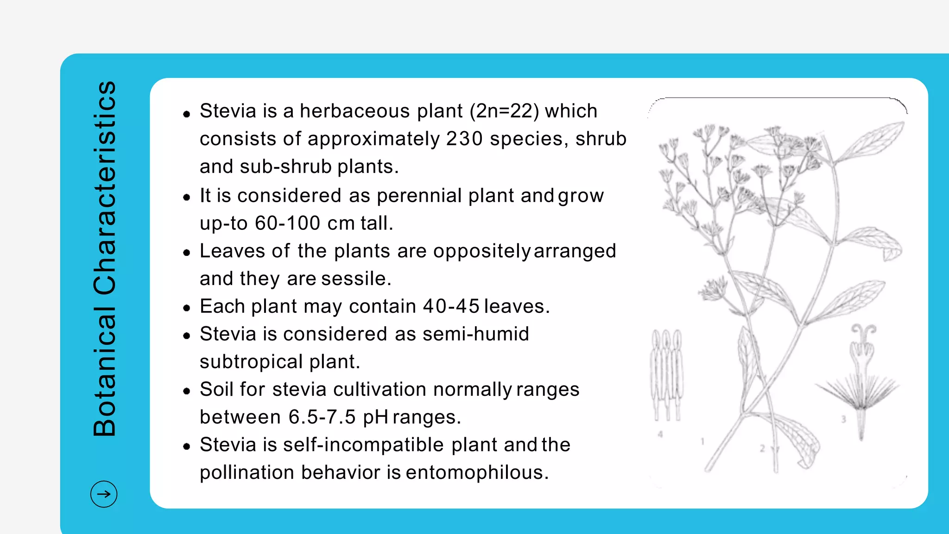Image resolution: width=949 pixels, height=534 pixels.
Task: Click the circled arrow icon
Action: (x=104, y=494)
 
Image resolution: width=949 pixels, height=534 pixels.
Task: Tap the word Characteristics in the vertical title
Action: (x=105, y=188)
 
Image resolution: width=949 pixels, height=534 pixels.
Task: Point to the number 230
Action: (x=464, y=139)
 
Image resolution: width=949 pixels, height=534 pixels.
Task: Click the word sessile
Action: (x=356, y=279)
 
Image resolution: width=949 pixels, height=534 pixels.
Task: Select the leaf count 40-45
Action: (x=451, y=306)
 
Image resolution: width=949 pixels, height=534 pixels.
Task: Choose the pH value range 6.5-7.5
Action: (x=322, y=417)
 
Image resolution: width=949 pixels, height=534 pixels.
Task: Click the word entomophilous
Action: (x=477, y=473)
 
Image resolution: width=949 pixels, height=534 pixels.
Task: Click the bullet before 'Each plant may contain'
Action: (x=187, y=308)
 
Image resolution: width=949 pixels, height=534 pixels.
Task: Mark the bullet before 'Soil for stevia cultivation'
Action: (x=187, y=391)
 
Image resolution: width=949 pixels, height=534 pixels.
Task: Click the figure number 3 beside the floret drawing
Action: (x=843, y=419)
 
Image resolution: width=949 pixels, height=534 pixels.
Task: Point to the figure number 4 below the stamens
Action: (x=660, y=434)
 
